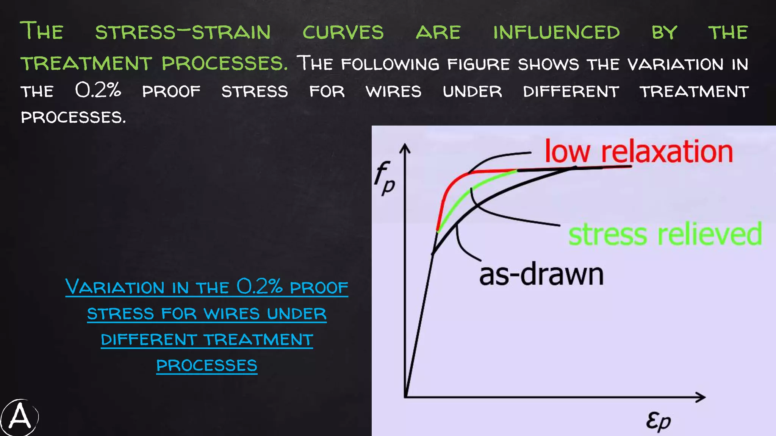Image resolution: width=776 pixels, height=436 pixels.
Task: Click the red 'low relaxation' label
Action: [x=638, y=151]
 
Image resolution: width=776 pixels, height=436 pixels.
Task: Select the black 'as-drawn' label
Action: [x=541, y=275]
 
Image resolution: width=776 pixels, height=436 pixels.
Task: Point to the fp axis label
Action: [x=384, y=178]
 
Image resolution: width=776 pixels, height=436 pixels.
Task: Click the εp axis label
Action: [x=659, y=420]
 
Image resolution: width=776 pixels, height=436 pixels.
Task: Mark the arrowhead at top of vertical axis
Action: [x=405, y=148]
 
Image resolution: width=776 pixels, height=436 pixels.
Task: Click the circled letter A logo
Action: [x=20, y=417]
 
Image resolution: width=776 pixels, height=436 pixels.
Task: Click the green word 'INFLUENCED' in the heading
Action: [x=556, y=33]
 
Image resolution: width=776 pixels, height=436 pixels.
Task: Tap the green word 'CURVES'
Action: [x=343, y=33]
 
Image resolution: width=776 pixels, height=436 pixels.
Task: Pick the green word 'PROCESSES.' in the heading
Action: [x=225, y=63]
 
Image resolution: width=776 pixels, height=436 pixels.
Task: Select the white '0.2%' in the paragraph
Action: [x=98, y=90]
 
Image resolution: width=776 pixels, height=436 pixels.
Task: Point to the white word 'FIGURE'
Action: [x=479, y=64]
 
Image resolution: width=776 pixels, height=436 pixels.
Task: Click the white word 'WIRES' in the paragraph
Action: [x=393, y=92]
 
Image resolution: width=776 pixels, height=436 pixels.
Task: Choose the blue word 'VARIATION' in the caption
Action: [x=116, y=287]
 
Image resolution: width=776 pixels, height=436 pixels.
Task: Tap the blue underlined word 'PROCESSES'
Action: [x=207, y=366]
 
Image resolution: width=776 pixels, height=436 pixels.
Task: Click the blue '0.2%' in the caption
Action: [x=260, y=287]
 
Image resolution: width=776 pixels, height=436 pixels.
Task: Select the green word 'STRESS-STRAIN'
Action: [x=183, y=33]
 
